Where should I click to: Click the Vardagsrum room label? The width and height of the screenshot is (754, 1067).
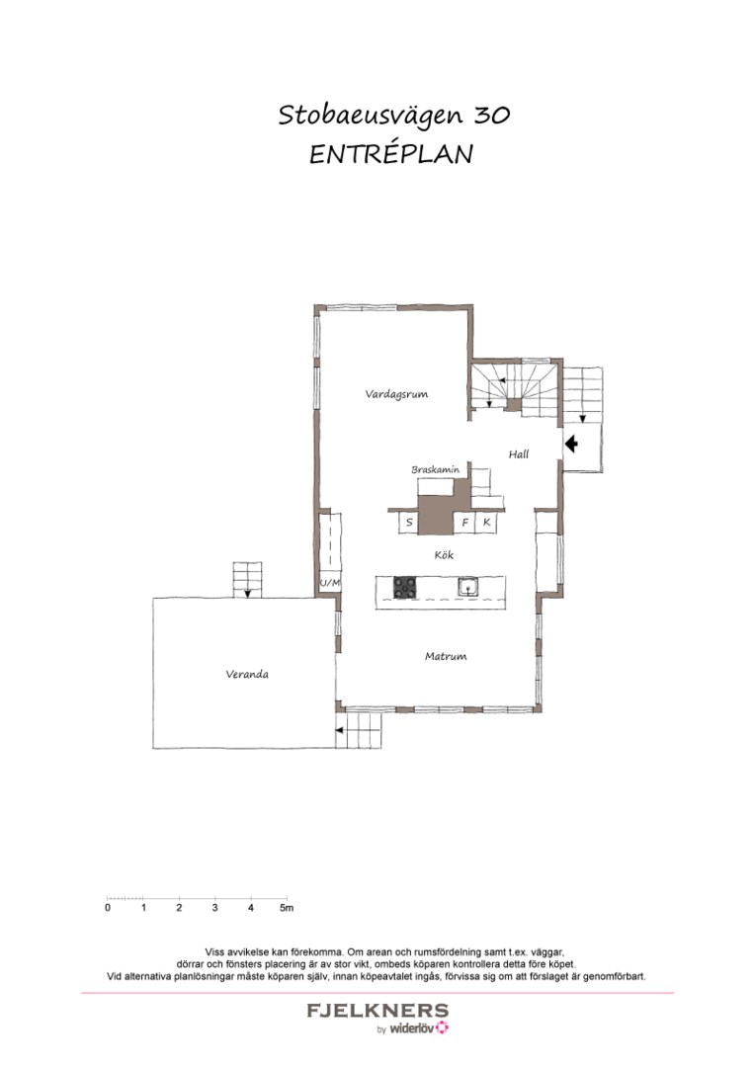point(395,393)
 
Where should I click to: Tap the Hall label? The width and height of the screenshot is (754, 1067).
point(519,454)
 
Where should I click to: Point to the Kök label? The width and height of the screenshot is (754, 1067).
point(444,555)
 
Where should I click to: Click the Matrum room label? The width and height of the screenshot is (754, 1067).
point(446,656)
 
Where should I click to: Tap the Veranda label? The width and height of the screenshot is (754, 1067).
point(247,676)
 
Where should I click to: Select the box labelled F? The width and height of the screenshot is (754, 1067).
point(464,522)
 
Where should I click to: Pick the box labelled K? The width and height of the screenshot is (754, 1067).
point(486,522)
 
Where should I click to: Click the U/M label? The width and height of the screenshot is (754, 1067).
point(330,583)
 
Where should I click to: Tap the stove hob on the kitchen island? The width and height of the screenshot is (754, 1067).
point(405,588)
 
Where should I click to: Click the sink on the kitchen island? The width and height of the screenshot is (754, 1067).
point(466,587)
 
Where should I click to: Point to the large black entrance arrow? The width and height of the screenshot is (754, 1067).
point(572,446)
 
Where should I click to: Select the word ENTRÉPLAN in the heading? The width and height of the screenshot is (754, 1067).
point(391,155)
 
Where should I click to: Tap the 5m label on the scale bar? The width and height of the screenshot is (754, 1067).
point(287,907)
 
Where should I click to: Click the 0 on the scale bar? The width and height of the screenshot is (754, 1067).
point(108,907)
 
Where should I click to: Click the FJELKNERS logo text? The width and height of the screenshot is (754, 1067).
point(377,1011)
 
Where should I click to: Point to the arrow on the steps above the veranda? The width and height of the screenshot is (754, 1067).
point(247,592)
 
